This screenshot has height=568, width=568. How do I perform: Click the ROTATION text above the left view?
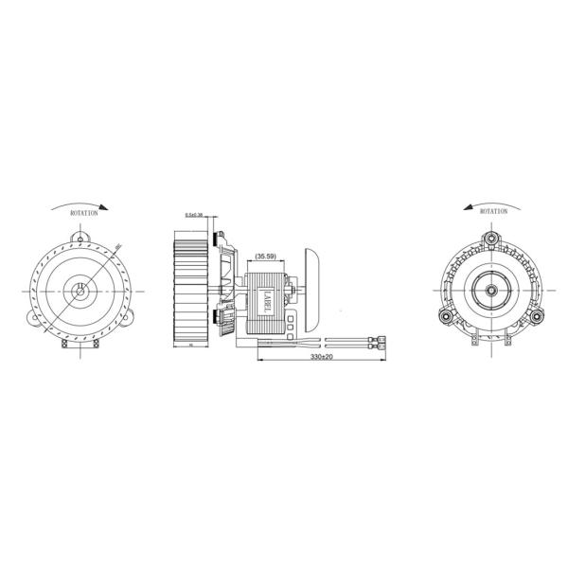click(83, 214)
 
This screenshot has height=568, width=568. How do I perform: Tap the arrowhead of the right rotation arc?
click(467, 206)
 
